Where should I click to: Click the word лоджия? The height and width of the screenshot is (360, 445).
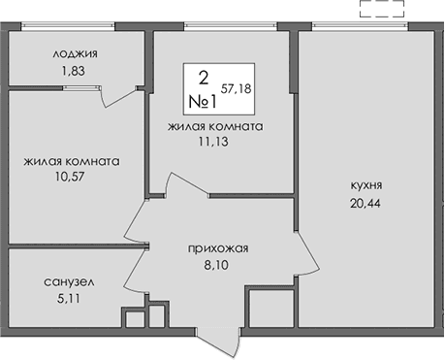point(77,54)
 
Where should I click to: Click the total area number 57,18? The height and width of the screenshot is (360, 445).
point(237,87)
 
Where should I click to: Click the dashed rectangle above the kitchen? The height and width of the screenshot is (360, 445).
point(380,11)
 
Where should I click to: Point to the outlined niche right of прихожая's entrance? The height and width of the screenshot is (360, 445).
point(265,310)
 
